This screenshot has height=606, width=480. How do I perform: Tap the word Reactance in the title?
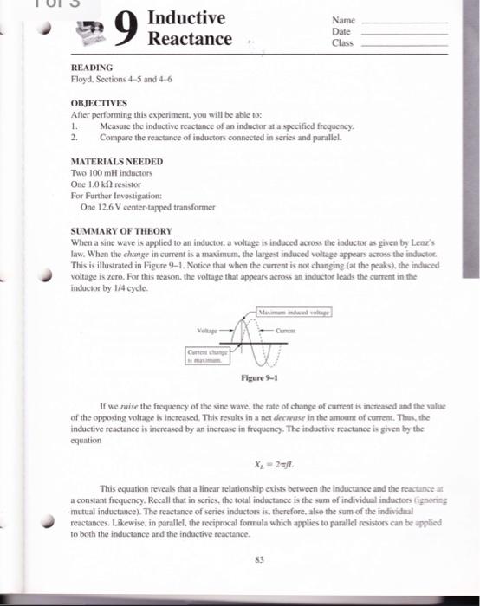pos(190,40)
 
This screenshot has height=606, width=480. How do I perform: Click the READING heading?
pos(92,66)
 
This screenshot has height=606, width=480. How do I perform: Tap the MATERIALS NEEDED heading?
pos(115,161)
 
